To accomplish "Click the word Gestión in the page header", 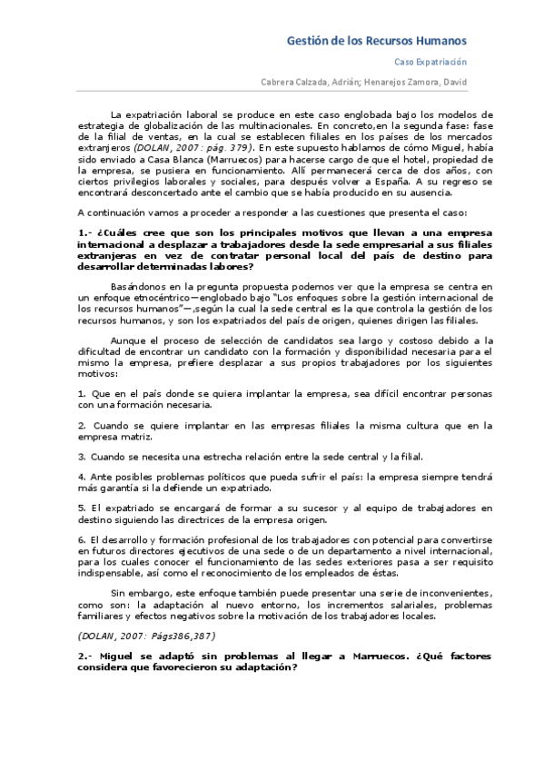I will click(x=307, y=41).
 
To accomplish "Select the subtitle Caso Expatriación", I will click(x=430, y=63).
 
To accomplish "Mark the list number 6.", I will click(x=81, y=539).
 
